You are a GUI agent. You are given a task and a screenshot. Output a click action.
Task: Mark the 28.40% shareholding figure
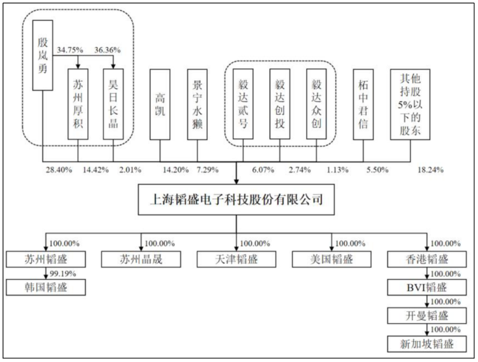(x=59, y=170)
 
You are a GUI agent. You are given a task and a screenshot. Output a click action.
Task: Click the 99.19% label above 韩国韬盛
(x=62, y=272)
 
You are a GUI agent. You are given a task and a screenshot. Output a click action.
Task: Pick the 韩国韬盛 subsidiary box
(x=46, y=287)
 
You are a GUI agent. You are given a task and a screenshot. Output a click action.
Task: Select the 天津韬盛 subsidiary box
(x=237, y=258)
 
